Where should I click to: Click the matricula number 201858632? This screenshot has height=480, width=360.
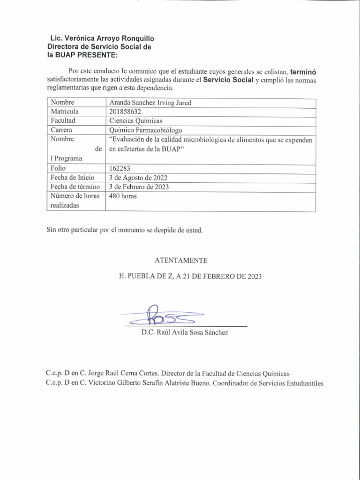tap(125, 112)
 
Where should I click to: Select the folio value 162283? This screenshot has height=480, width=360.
tap(120, 168)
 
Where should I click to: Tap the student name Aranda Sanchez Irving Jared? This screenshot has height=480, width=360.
tap(150, 103)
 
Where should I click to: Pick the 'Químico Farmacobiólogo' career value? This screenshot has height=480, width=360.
tap(145, 130)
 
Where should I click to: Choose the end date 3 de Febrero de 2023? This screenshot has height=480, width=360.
tap(139, 187)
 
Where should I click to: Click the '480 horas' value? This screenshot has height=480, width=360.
tap(123, 196)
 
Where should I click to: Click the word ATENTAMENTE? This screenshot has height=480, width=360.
tap(180, 260)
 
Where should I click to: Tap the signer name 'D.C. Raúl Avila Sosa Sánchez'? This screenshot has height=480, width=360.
tap(186, 333)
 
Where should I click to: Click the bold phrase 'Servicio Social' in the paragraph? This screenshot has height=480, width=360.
tap(228, 80)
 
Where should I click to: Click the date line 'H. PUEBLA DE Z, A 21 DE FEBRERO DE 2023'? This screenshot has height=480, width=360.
tap(190, 277)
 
